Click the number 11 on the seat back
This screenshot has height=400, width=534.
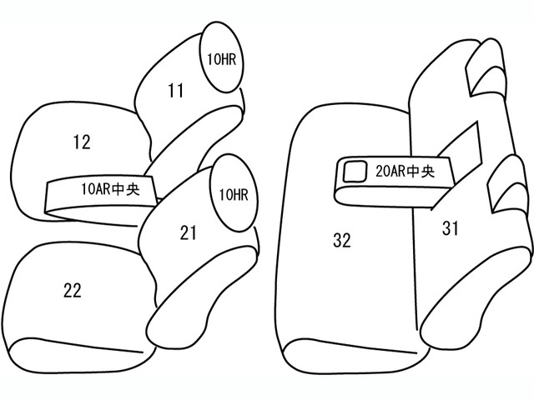[x=176, y=91]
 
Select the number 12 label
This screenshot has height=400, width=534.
[x=82, y=142]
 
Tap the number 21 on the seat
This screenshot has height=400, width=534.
[x=189, y=233]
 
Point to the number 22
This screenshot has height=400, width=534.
[x=73, y=291]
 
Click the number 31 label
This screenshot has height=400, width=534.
[x=451, y=227]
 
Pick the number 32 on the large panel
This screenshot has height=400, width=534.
[x=342, y=240]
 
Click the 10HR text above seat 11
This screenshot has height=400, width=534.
[x=221, y=59]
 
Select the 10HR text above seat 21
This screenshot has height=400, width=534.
[x=234, y=194]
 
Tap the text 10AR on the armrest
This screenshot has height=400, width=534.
[x=96, y=189]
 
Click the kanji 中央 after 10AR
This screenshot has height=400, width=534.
[x=126, y=189]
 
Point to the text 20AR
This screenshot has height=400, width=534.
[x=391, y=171]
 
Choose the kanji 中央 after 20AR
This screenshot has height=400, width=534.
[x=421, y=171]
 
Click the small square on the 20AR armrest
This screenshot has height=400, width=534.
[x=355, y=172]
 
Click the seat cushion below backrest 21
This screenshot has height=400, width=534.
[x=201, y=299]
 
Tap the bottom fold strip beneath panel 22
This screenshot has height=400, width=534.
[x=82, y=356]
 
